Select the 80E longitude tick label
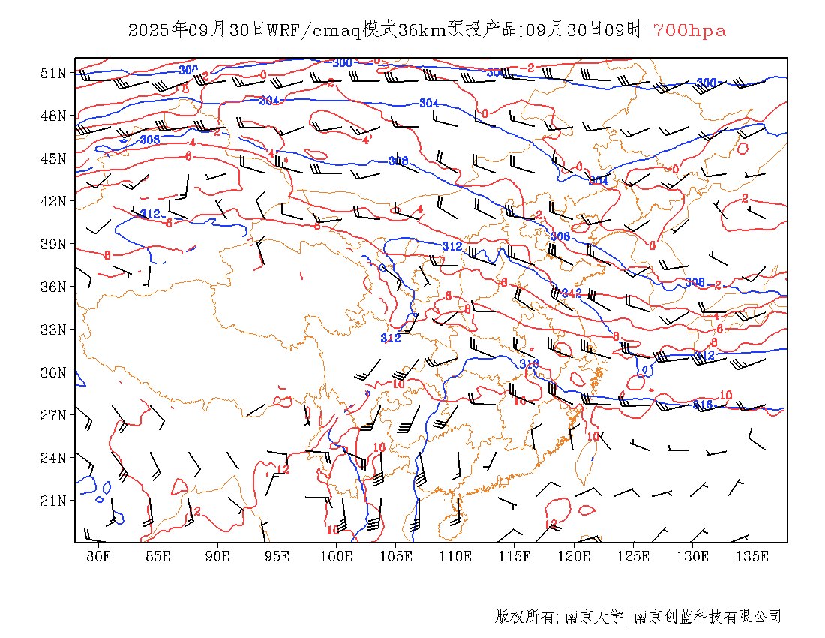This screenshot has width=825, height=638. (99, 556)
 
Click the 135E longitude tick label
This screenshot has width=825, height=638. (752, 556)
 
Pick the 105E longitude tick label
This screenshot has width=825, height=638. (396, 556)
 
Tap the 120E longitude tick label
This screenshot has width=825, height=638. (574, 556)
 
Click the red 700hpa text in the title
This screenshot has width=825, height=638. (689, 31)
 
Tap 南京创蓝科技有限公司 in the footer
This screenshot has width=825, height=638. (708, 617)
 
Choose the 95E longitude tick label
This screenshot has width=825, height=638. (277, 556)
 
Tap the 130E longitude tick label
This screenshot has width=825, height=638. (693, 556)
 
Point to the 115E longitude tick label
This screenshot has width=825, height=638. (514, 556)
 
